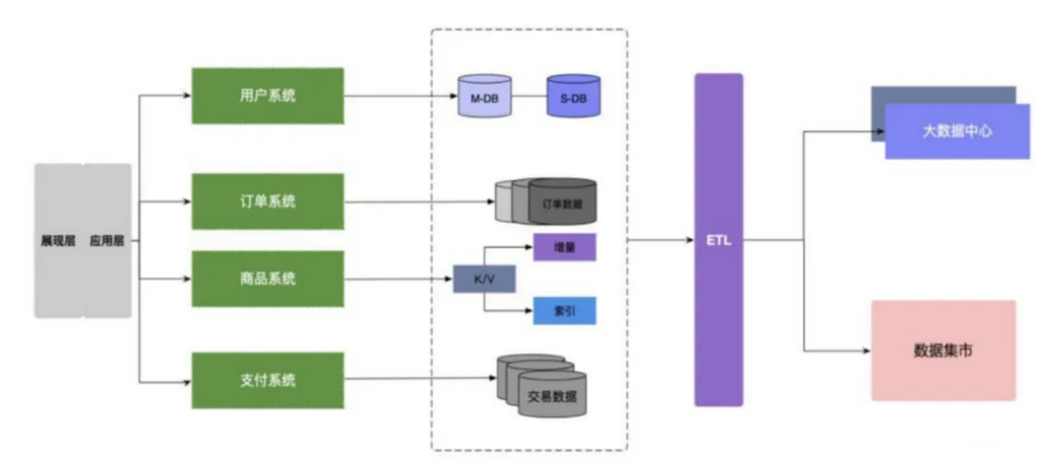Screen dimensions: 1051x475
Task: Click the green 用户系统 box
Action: coord(269,95)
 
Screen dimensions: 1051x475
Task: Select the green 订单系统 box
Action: coord(269,201)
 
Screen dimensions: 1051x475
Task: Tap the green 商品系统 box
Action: coord(269,278)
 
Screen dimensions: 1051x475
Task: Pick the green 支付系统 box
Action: coord(269,381)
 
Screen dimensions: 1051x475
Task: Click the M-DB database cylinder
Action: coord(485,95)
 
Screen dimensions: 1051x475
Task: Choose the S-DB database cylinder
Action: coord(573,95)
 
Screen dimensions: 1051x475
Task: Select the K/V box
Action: coord(484,278)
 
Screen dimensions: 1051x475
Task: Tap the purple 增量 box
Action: coord(564,247)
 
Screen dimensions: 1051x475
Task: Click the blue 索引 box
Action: coord(564,311)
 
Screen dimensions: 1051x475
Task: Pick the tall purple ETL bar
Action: coord(718,239)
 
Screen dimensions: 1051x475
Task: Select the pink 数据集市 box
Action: coord(944,350)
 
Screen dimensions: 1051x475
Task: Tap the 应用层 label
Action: coord(107,241)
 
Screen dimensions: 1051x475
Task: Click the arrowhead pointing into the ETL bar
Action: coord(690,239)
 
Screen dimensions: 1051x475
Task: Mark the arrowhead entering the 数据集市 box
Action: coord(867,350)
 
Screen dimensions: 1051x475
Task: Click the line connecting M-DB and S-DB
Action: coord(529,95)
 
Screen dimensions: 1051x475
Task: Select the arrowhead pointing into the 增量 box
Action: coord(528,247)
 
